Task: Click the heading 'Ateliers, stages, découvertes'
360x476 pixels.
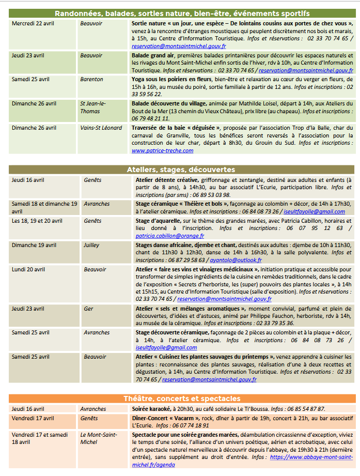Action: click(x=181, y=170)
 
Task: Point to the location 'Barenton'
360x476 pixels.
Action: click(x=91, y=79)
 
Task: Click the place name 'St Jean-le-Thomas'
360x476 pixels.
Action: click(x=93, y=107)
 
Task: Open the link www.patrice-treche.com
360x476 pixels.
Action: click(x=162, y=150)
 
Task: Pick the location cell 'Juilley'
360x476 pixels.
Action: click(x=91, y=245)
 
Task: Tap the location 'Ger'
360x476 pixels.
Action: click(x=88, y=309)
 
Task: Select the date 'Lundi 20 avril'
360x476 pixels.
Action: click(x=29, y=269)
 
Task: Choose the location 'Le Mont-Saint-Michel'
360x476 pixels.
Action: click(x=96, y=438)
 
